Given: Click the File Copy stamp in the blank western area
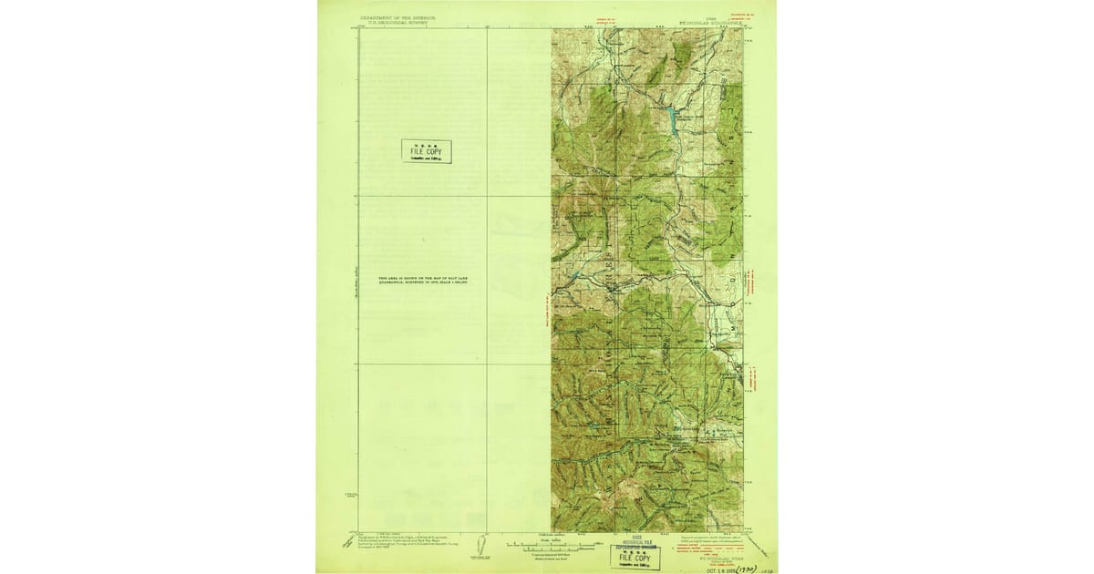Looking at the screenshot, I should [x=427, y=151].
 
